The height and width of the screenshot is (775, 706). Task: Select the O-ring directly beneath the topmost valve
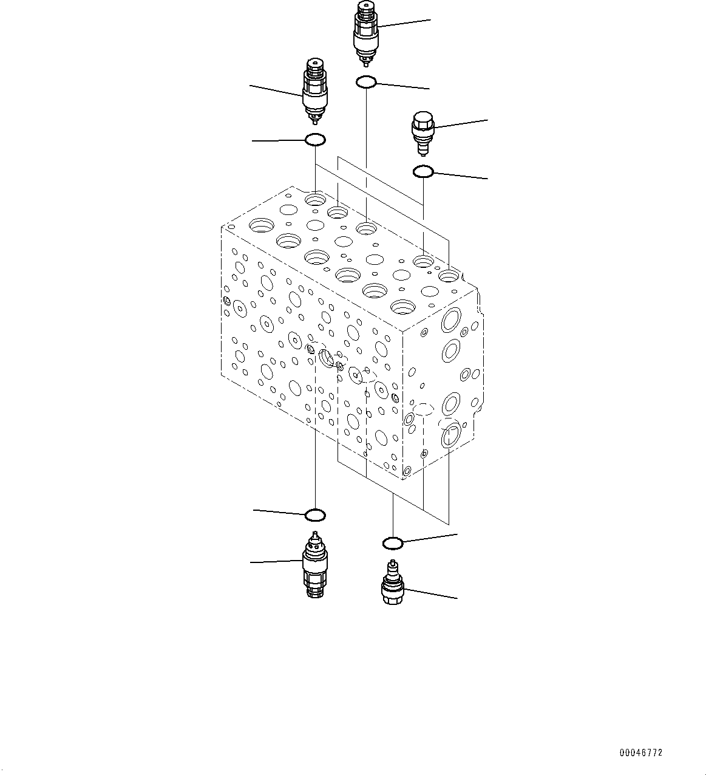pyautogui.click(x=366, y=81)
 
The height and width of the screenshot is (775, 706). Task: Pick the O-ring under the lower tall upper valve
pyautogui.click(x=315, y=140)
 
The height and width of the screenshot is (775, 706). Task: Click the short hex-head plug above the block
pyautogui.click(x=422, y=131)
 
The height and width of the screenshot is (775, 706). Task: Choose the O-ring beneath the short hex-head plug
pyautogui.click(x=423, y=172)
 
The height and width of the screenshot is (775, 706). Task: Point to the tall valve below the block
pyautogui.click(x=314, y=564)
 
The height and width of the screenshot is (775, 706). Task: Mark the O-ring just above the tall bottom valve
pyautogui.click(x=315, y=515)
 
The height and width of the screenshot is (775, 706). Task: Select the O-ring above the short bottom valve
pyautogui.click(x=393, y=542)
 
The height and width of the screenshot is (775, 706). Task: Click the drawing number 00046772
pyautogui.click(x=640, y=753)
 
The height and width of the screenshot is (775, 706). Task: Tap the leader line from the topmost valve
pyautogui.click(x=404, y=22)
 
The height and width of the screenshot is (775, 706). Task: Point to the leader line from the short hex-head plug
pyautogui.click(x=461, y=123)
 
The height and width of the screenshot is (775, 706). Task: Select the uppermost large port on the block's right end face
pyautogui.click(x=452, y=320)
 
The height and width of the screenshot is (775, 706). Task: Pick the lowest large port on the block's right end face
pyautogui.click(x=451, y=437)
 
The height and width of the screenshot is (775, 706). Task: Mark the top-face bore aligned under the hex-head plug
pyautogui.click(x=423, y=262)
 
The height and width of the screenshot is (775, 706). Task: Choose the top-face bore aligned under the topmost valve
pyautogui.click(x=366, y=228)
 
